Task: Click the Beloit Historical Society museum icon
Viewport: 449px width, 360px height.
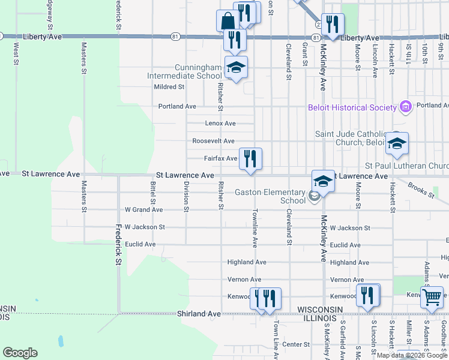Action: [x=406, y=107]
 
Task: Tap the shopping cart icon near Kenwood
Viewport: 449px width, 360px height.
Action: [x=432, y=296]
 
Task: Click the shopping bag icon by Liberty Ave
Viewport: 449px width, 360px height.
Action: [x=228, y=20]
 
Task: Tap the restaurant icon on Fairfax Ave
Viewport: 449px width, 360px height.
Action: [x=250, y=158]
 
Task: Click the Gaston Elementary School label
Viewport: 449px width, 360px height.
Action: [x=270, y=196]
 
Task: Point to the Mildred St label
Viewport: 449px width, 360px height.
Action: [x=169, y=87]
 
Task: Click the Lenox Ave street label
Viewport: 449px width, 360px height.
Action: [x=220, y=124]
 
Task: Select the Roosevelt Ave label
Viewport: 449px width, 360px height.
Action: [x=213, y=141]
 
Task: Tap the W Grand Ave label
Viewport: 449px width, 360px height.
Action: [x=143, y=210]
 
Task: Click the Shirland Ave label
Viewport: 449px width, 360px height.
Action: [x=199, y=314]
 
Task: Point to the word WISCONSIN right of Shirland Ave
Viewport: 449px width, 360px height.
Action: [x=320, y=309]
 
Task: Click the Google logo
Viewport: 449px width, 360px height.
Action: [x=20, y=353]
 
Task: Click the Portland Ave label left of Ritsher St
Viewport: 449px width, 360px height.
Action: [x=177, y=106]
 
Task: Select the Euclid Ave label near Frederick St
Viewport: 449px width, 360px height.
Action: [x=140, y=245]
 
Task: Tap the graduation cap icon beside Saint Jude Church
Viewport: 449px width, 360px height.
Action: [x=397, y=142]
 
